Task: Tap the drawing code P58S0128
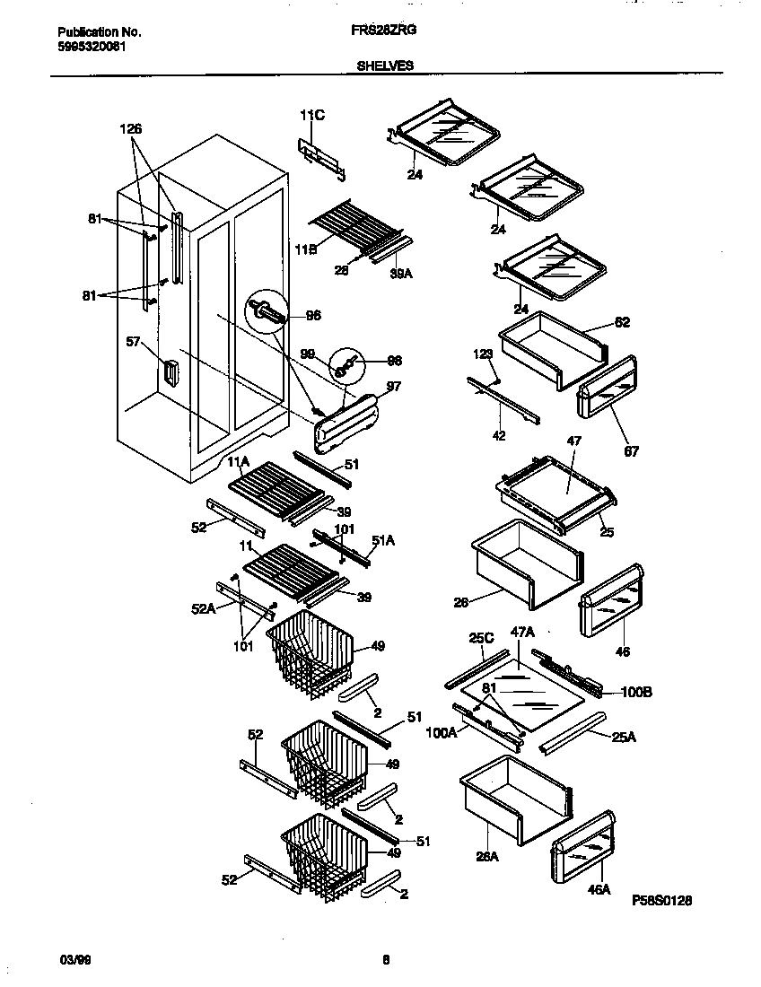(x=661, y=899)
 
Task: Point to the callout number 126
(x=131, y=129)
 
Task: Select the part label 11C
(x=311, y=115)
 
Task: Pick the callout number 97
(x=393, y=387)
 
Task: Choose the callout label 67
(x=631, y=451)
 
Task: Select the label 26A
(x=487, y=855)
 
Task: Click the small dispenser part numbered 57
(x=169, y=373)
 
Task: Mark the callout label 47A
(x=522, y=632)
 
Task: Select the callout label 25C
(x=481, y=638)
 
